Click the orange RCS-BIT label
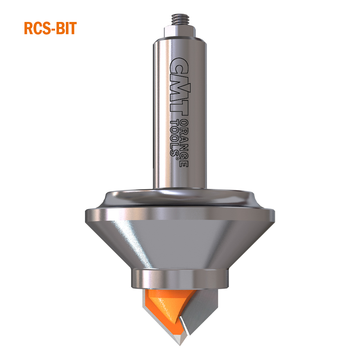pyautogui.click(x=50, y=28)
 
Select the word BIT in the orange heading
pyautogui.click(x=67, y=28)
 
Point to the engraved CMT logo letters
pyautogui.click(x=179, y=86)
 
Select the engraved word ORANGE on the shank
pyautogui.click(x=183, y=142)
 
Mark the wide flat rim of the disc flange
pyautogui.click(x=180, y=215)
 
